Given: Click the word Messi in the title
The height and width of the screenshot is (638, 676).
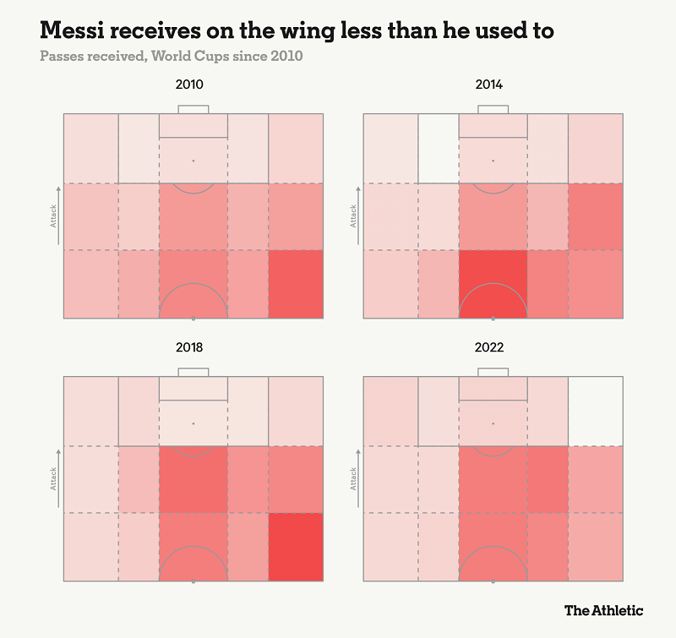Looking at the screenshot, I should click(x=72, y=31).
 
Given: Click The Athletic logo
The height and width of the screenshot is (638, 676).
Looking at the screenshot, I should click(x=603, y=609).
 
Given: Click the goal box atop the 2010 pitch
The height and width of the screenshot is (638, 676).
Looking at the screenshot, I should click(x=194, y=110).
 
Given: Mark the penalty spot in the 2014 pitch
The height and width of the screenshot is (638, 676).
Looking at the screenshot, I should click(x=493, y=160).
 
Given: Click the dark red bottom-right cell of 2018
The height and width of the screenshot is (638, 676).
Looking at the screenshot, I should click(x=296, y=547).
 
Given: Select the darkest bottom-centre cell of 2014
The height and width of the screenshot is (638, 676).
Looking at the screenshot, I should click(x=493, y=284).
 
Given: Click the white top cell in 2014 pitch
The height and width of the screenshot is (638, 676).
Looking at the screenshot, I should click(x=439, y=149).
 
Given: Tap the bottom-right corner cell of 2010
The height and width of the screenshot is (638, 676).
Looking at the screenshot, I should click(x=296, y=284).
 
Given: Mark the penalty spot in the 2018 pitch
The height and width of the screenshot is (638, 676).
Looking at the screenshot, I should click(x=194, y=423).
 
